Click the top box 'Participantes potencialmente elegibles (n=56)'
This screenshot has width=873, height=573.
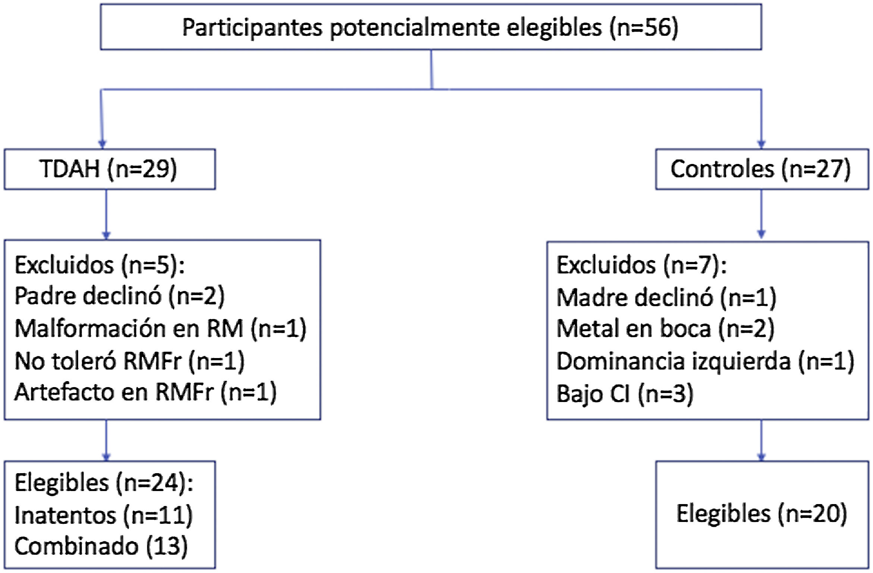point(430,27)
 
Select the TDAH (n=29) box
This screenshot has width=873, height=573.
point(109,169)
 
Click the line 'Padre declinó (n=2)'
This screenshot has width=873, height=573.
point(119,296)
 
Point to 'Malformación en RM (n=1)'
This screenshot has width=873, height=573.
point(160,329)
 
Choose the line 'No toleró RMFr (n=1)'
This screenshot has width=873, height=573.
point(129,361)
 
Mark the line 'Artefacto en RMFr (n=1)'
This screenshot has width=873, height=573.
point(145,392)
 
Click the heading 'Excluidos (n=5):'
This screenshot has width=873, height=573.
point(100,265)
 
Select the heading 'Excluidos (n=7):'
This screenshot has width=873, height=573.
point(641,265)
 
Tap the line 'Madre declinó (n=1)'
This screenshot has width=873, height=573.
point(666,298)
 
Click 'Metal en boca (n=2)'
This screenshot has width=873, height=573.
point(665,329)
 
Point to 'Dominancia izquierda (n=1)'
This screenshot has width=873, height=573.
point(705,361)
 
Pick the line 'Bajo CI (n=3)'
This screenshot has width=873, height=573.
point(625,393)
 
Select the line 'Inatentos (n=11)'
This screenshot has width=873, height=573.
point(103,515)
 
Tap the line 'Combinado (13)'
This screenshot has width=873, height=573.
point(101,547)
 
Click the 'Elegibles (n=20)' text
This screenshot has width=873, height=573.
point(761,514)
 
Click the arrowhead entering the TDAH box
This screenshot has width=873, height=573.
point(102,144)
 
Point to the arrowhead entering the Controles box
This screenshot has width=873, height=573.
point(761,144)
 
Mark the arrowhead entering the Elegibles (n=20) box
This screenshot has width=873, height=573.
point(761,457)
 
